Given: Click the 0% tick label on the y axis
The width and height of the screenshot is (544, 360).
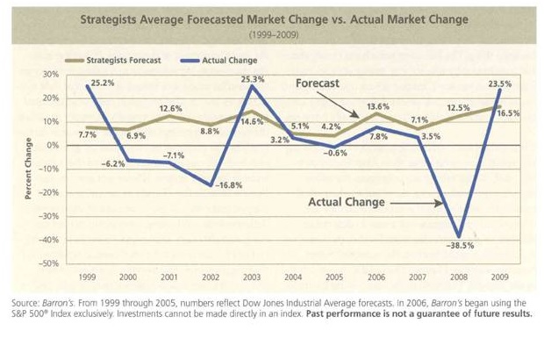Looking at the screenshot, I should coord(52,145).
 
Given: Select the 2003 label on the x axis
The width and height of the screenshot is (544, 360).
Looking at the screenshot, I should coord(252,277).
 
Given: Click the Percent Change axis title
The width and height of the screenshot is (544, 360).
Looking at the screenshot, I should coord(29,169).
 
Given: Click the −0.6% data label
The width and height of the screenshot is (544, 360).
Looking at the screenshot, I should coord(335,154).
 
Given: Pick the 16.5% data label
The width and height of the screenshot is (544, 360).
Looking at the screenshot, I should coord(509,113).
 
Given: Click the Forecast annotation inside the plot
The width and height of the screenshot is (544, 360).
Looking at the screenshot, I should coord(318,84).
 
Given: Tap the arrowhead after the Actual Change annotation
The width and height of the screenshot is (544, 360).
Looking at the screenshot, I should coord(439,203).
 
